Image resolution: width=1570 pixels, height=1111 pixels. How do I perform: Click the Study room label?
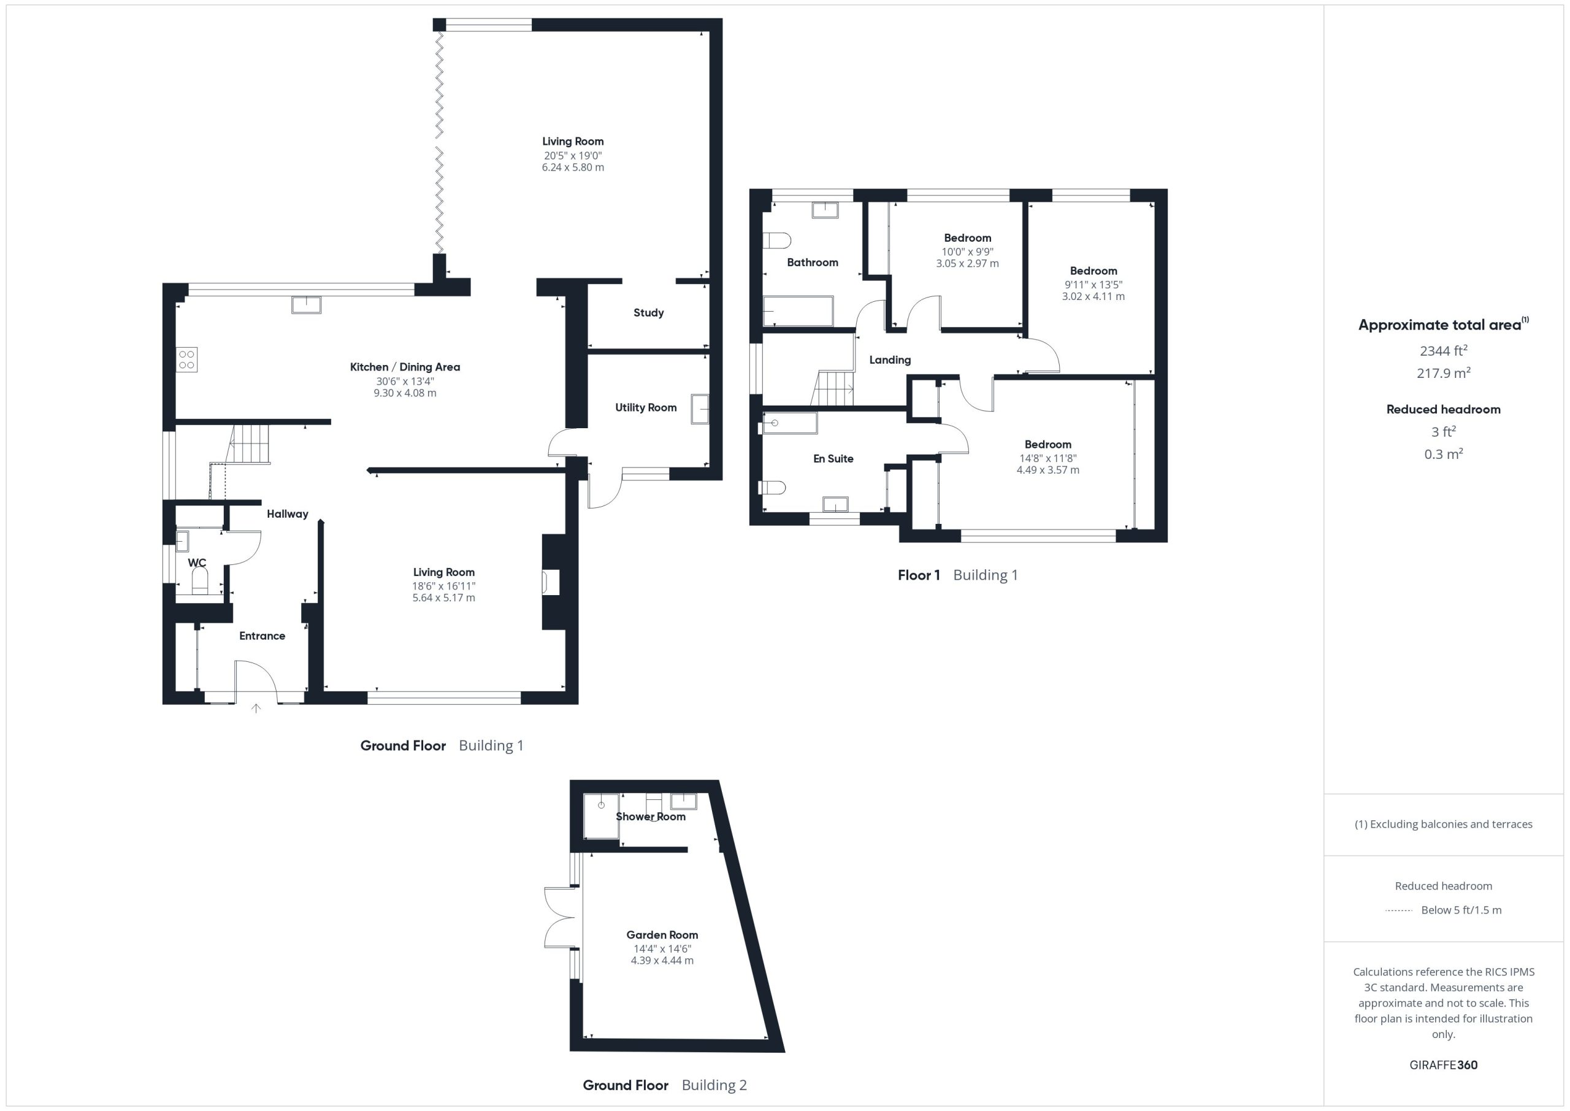(648, 313)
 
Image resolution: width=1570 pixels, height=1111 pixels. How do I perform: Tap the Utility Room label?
(646, 407)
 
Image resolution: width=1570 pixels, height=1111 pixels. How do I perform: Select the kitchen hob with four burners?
(186, 360)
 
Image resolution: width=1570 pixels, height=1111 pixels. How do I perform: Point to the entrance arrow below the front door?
(256, 709)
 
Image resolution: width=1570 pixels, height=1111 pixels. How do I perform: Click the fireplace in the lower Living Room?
(551, 582)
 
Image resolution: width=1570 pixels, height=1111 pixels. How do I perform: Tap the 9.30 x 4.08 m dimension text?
(405, 393)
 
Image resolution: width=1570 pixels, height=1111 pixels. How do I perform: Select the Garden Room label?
(662, 934)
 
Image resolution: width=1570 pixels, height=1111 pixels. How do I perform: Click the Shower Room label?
(650, 816)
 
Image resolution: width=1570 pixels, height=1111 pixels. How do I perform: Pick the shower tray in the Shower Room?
(601, 815)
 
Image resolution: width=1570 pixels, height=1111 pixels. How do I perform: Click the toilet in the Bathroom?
(777, 240)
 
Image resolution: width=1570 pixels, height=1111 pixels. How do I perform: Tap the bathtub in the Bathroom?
(798, 311)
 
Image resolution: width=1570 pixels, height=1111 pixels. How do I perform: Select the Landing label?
(890, 360)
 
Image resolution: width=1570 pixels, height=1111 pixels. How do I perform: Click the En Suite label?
(833, 458)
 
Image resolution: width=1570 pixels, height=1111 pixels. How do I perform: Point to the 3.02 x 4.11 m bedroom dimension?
(1093, 296)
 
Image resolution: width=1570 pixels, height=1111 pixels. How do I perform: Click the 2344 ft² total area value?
(1443, 350)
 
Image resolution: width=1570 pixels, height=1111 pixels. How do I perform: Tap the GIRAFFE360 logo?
(1443, 1064)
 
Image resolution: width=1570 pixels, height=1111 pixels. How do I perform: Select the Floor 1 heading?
(919, 575)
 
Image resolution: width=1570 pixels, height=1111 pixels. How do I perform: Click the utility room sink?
(700, 409)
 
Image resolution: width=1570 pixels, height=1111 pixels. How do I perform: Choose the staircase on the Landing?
(833, 388)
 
